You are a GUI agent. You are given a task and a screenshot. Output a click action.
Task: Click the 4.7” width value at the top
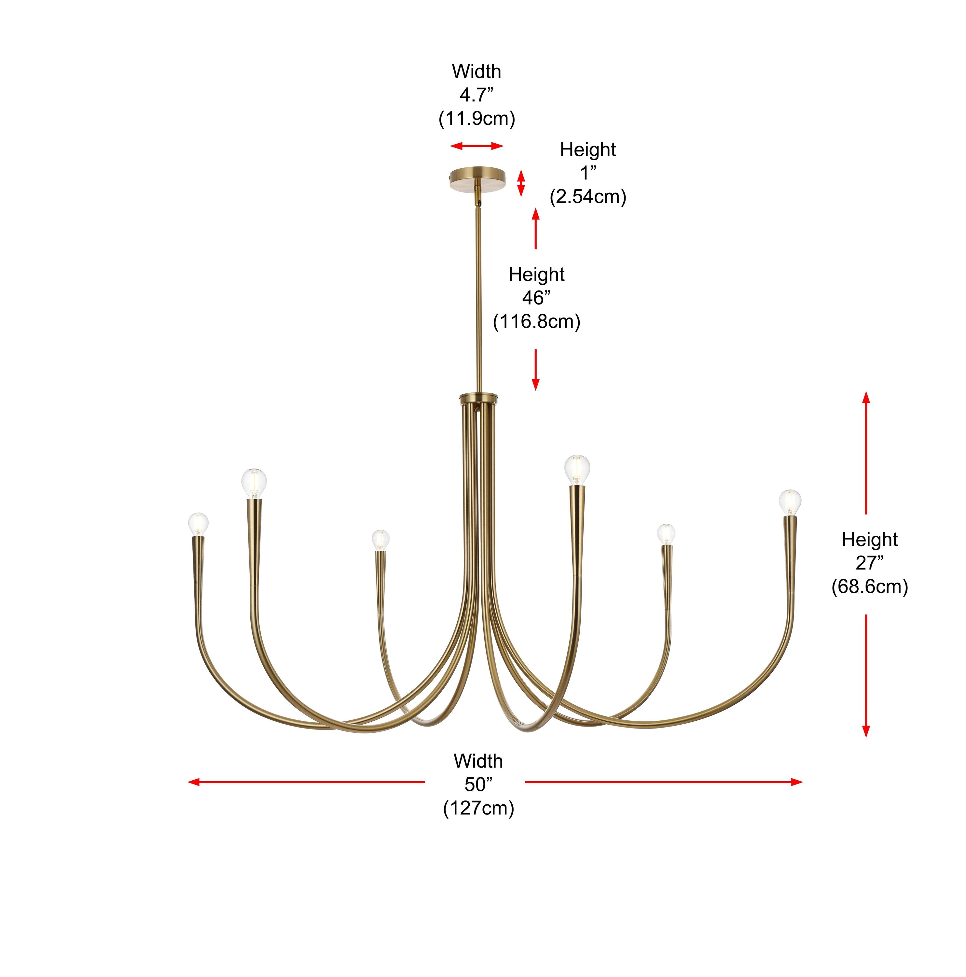click(476, 94)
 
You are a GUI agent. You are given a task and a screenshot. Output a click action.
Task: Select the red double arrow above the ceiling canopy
click(477, 146)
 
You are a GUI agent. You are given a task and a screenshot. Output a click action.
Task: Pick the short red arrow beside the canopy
click(521, 183)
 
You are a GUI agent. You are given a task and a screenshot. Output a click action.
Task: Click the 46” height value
click(536, 298)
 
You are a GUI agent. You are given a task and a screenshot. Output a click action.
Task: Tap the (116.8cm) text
click(536, 322)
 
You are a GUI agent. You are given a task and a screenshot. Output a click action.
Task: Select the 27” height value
click(869, 563)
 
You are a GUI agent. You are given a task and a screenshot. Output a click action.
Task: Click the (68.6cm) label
click(869, 587)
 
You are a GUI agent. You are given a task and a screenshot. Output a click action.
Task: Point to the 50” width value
click(478, 784)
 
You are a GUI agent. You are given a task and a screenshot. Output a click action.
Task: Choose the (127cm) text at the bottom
click(478, 808)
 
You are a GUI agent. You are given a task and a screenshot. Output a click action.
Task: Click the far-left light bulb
click(198, 524)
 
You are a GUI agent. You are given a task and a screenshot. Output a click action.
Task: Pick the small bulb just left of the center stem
click(380, 540)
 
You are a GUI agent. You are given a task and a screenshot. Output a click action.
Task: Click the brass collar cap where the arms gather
click(478, 398)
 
